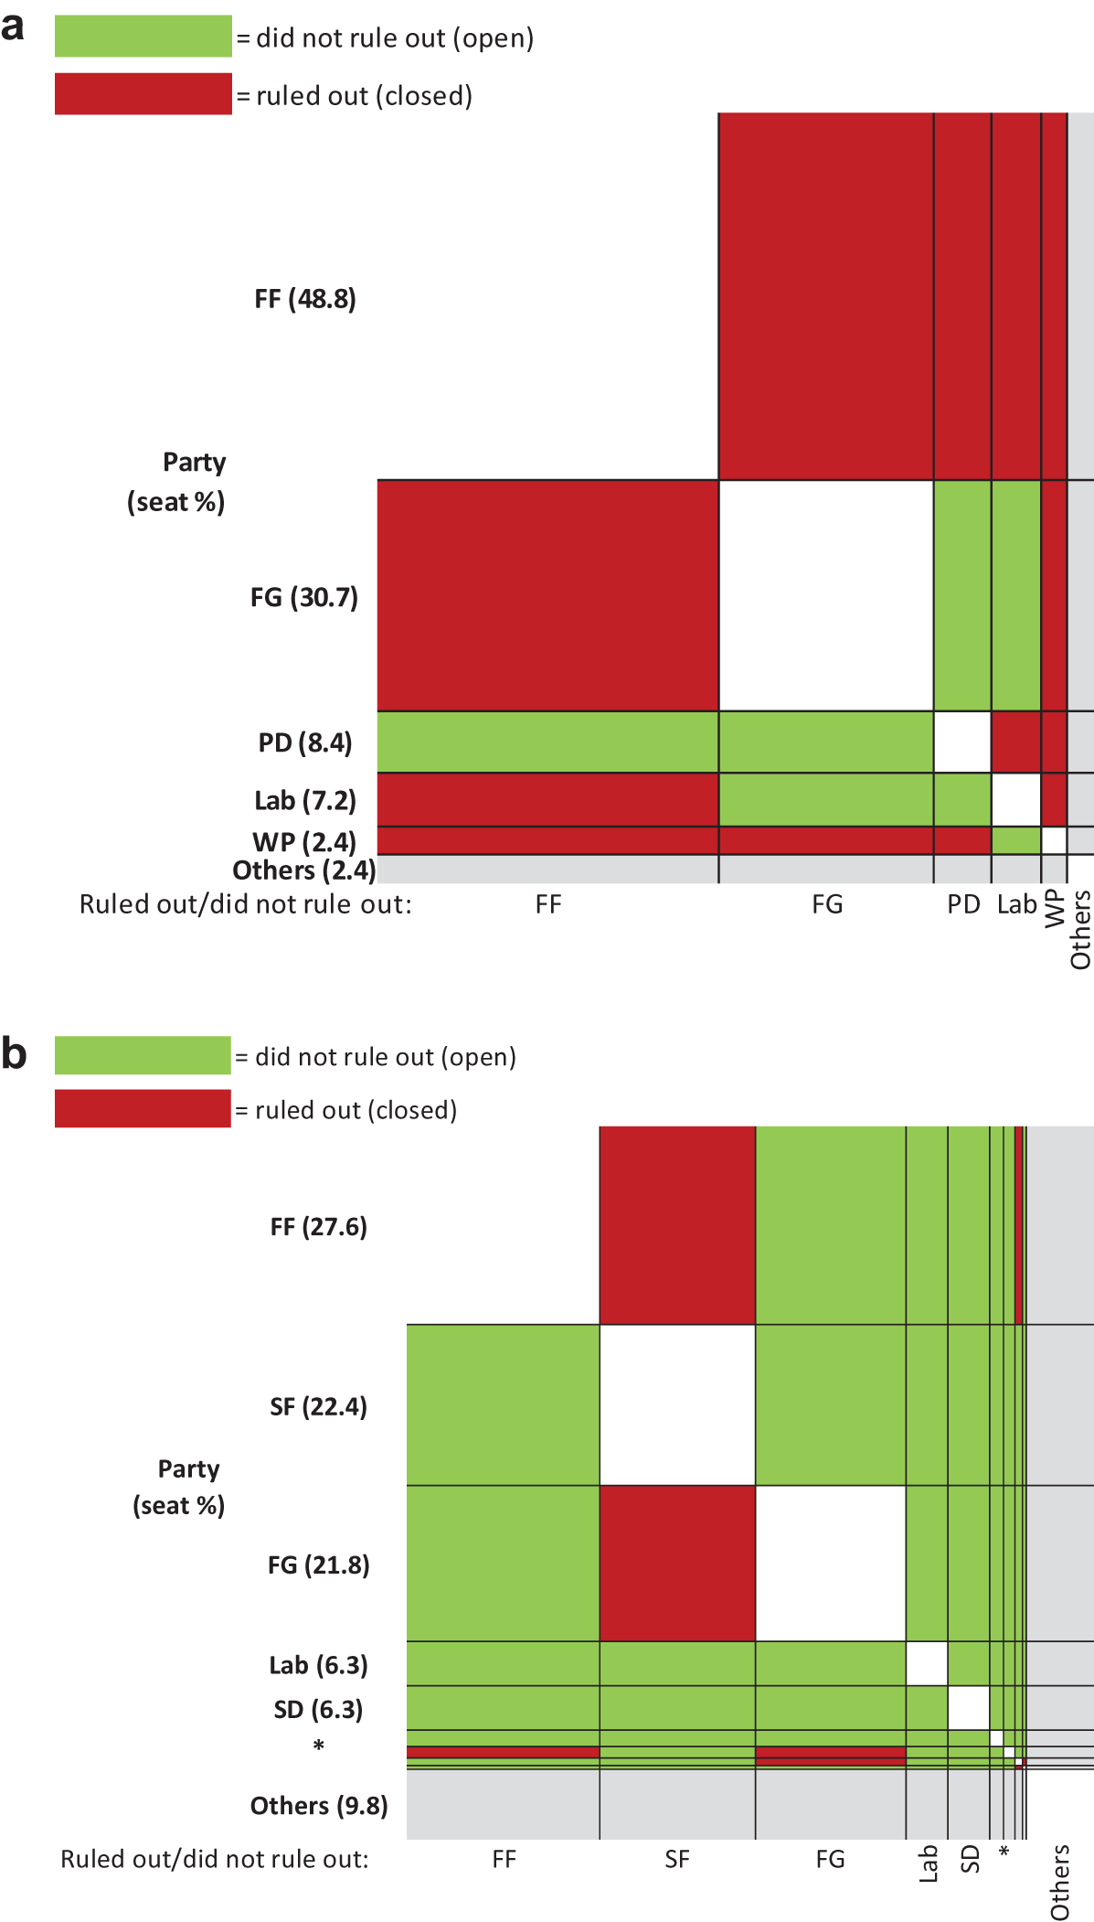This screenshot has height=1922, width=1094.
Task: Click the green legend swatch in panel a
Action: (x=143, y=37)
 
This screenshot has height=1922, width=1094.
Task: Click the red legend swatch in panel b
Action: (x=143, y=1108)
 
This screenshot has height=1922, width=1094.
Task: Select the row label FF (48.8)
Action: (x=305, y=299)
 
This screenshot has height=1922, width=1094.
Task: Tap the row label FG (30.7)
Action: (x=304, y=597)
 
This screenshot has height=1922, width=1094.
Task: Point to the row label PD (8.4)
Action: (x=305, y=742)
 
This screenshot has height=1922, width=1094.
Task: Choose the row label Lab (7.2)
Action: (x=305, y=800)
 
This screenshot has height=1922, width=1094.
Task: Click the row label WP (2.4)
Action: (x=304, y=840)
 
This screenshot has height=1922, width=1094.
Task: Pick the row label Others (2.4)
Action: (x=304, y=870)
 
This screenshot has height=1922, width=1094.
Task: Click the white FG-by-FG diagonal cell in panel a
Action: (x=826, y=595)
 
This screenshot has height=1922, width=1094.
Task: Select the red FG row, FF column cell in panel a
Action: (x=548, y=595)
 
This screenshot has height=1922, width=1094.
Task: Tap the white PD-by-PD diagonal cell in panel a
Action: (x=962, y=742)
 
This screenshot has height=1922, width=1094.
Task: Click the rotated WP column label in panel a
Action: (x=1055, y=908)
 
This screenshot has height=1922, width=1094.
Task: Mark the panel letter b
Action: (x=15, y=1052)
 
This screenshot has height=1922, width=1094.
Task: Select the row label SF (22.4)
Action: (x=319, y=1406)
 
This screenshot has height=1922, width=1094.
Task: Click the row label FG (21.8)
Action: (x=319, y=1564)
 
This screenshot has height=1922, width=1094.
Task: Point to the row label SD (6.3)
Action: (x=319, y=1709)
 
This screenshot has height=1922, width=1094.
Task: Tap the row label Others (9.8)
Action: (x=319, y=1805)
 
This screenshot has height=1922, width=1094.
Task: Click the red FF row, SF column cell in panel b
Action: (x=677, y=1225)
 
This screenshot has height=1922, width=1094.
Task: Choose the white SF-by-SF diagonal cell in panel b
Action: (x=677, y=1404)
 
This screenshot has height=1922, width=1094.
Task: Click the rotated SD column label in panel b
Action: (x=970, y=1858)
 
